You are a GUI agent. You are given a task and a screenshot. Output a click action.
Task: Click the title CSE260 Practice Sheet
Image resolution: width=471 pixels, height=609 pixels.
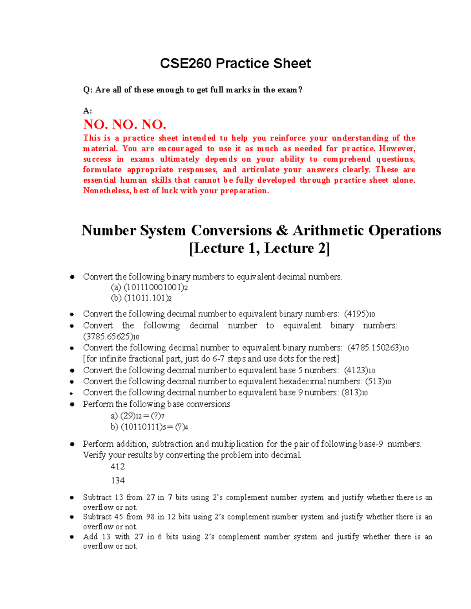point(235,64)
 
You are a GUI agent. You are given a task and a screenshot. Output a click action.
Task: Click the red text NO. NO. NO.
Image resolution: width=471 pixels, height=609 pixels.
point(125,125)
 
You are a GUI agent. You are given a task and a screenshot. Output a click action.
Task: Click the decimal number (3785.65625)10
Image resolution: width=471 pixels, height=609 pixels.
point(111,337)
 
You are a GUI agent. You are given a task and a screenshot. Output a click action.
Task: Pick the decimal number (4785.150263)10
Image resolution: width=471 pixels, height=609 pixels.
point(378,348)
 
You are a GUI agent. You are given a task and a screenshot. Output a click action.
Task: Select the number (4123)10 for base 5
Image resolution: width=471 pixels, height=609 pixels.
point(359,371)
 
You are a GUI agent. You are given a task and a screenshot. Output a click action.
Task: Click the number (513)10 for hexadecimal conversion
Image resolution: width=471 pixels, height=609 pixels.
point(378,382)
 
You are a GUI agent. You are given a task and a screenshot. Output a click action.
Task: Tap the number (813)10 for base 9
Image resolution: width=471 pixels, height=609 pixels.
point(354,393)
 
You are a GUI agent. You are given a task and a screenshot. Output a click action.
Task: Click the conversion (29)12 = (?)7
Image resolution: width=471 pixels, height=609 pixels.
point(137,416)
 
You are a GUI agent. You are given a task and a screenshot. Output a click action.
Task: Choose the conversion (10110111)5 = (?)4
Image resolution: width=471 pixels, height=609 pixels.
point(149,427)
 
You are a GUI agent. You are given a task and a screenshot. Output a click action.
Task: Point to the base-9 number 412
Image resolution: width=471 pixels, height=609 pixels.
point(118,467)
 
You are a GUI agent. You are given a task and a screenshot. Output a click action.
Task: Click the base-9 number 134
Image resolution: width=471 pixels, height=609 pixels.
point(118,480)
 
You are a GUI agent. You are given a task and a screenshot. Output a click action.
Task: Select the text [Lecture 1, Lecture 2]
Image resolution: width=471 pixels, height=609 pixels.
point(259,248)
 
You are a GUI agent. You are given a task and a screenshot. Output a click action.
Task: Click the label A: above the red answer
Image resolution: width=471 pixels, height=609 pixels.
point(88,111)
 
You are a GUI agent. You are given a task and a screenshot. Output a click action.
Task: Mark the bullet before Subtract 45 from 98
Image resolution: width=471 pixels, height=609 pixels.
point(72,517)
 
